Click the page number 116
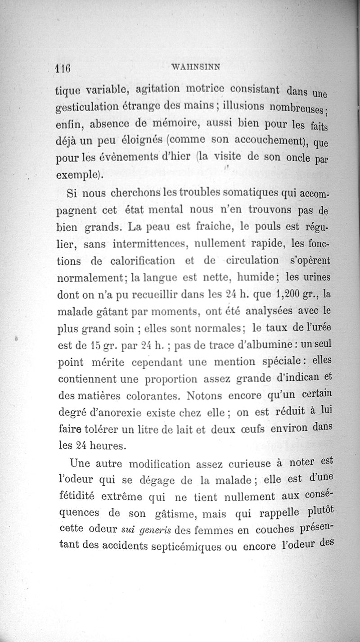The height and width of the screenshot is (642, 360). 63,68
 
